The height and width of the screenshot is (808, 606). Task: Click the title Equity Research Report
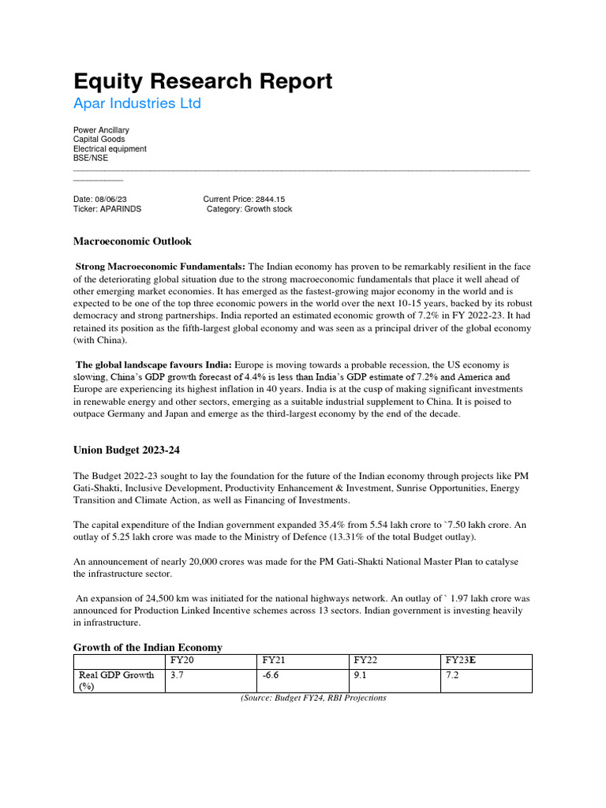[203, 81]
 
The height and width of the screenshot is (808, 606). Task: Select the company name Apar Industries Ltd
[137, 103]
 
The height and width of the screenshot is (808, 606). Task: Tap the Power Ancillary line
[101, 129]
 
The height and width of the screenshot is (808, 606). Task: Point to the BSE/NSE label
[91, 158]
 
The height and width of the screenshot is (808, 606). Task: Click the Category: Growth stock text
[249, 209]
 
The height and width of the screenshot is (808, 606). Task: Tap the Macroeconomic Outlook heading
[132, 241]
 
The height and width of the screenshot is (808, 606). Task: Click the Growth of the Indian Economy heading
[148, 647]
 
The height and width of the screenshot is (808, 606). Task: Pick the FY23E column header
[462, 660]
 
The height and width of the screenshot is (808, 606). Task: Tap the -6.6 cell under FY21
[272, 676]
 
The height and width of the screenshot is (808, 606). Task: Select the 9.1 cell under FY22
[361, 676]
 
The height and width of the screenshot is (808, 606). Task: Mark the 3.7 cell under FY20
[177, 676]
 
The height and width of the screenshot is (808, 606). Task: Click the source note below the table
[313, 698]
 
